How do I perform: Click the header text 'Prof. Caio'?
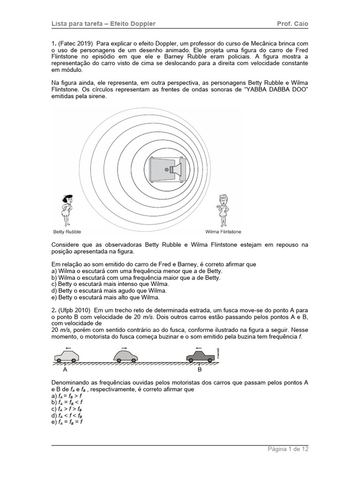point(292,23)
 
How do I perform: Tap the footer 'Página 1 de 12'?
point(288,449)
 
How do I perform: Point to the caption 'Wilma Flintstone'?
point(224,232)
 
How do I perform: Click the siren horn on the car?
point(176,169)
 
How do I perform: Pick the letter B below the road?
point(199,369)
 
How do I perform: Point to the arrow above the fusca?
point(125,347)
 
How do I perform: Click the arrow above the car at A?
point(68,348)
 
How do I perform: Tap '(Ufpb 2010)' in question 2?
point(75,310)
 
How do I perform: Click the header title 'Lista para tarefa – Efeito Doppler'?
point(103,23)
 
